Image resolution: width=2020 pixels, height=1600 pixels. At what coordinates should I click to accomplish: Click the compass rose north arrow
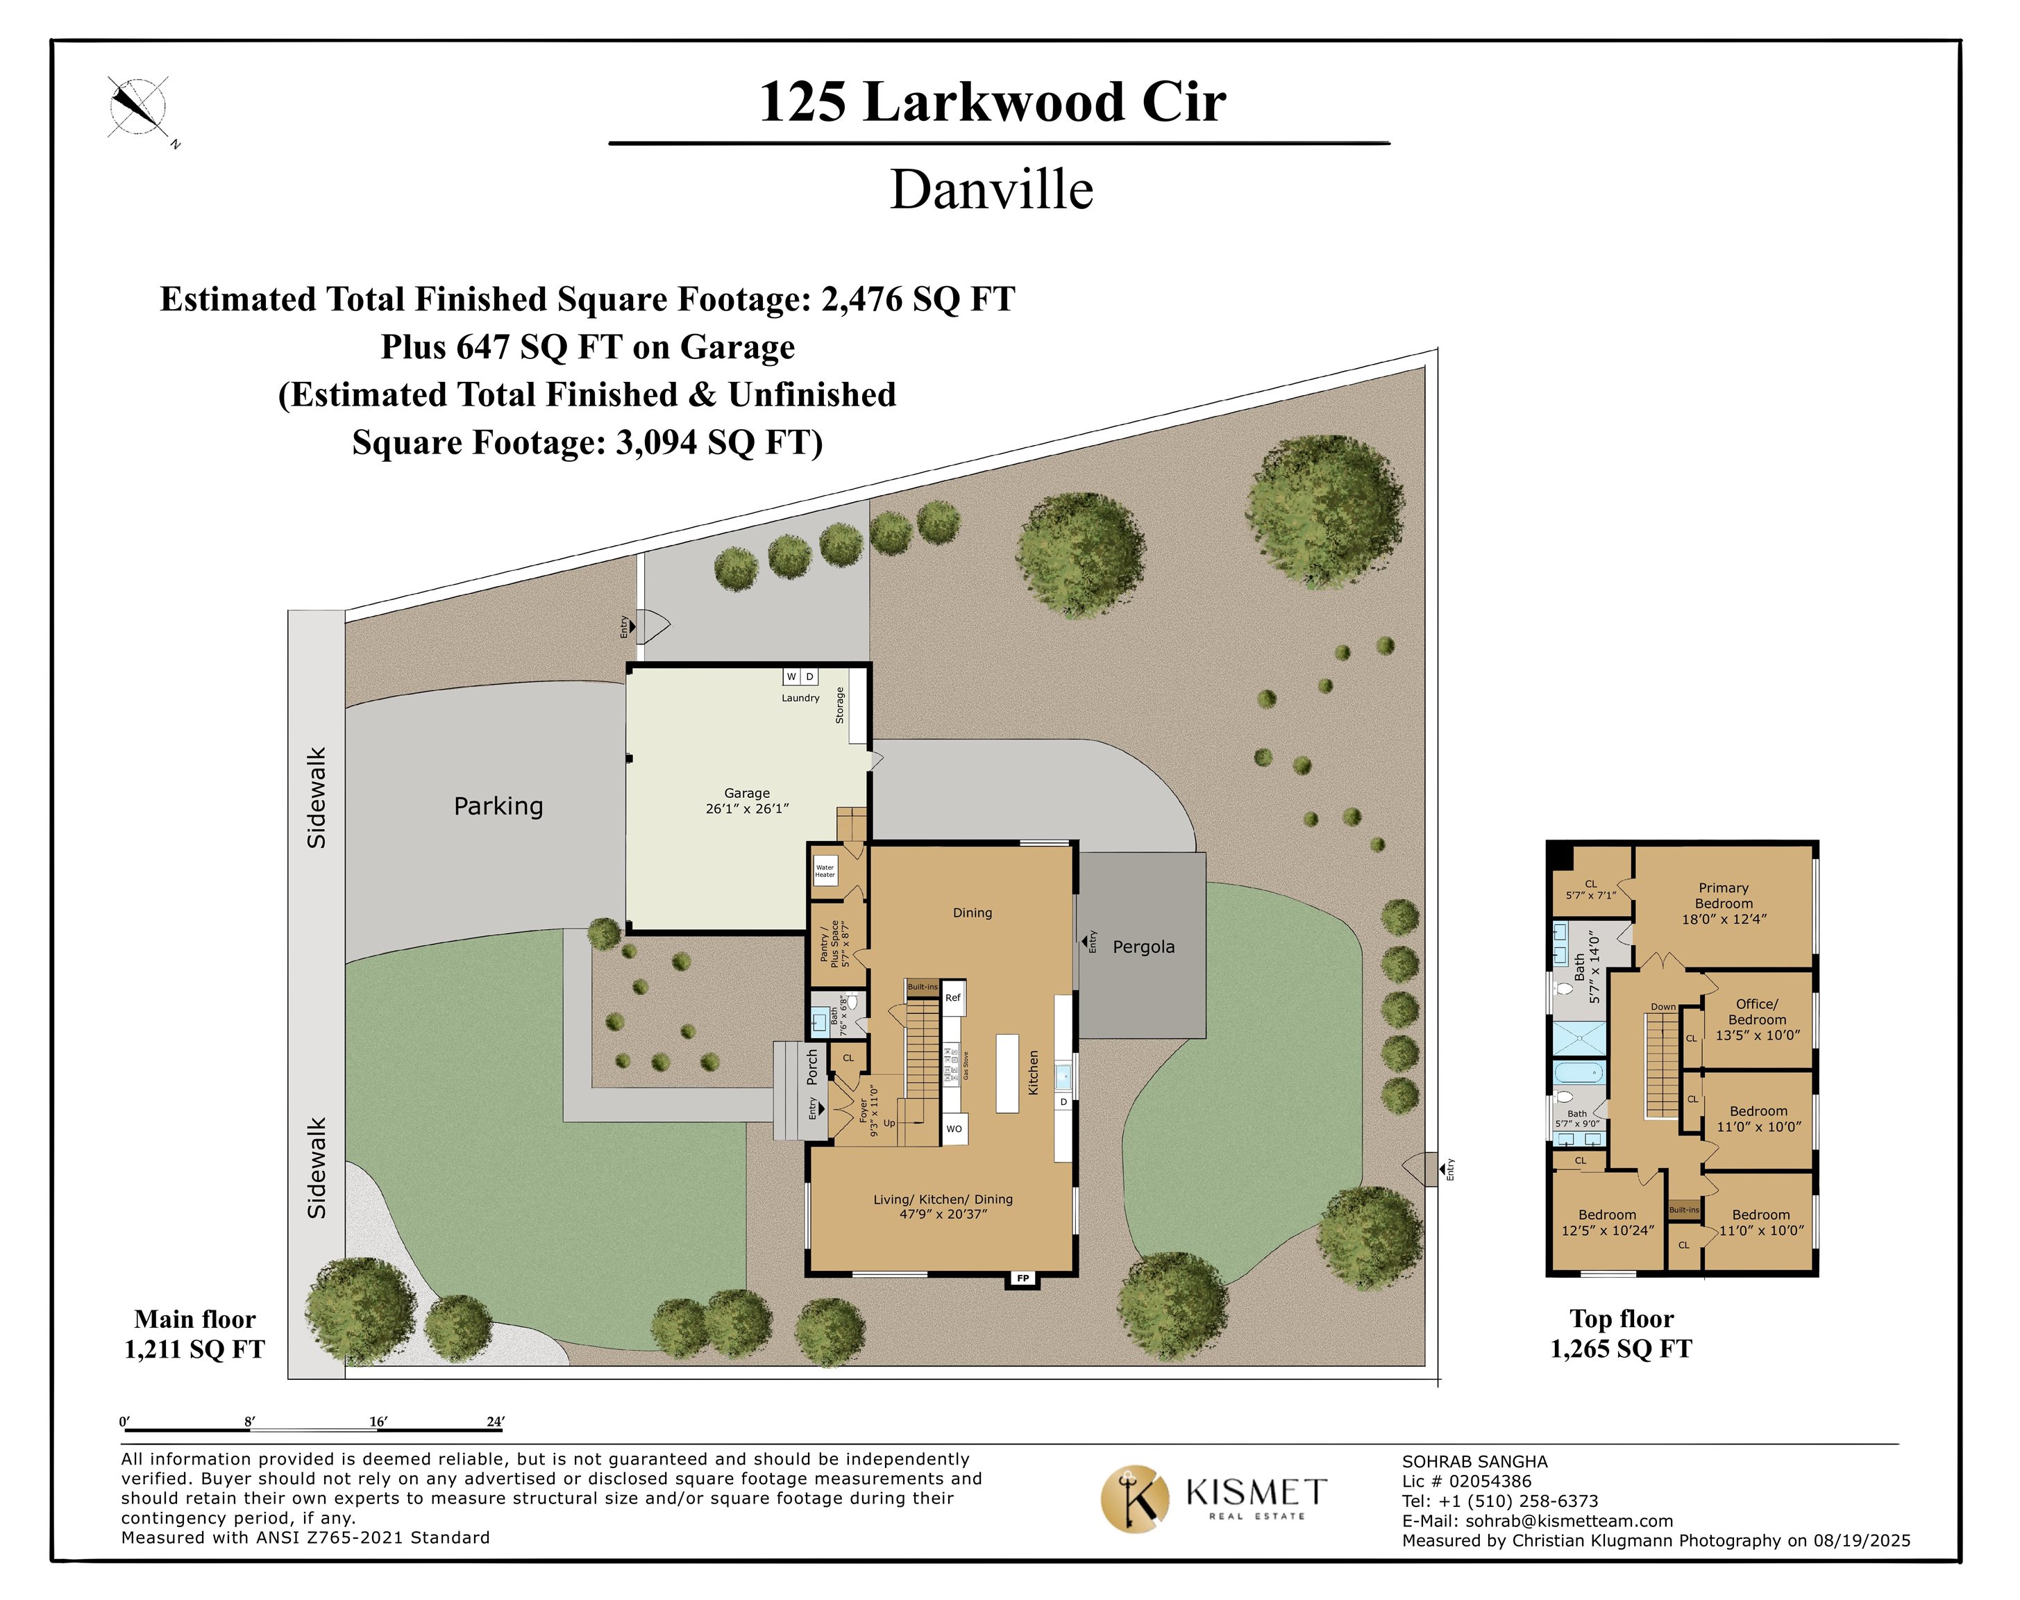click(137, 106)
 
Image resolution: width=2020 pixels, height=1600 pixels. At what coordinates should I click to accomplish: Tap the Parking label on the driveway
click(498, 806)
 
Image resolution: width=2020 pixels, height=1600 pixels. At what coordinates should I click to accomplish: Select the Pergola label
click(1143, 947)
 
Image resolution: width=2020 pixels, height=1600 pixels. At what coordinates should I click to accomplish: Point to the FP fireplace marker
click(1022, 1278)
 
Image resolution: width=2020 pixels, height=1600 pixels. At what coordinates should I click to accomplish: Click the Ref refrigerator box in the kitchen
click(952, 998)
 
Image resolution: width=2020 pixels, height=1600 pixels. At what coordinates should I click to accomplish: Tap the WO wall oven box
click(953, 1128)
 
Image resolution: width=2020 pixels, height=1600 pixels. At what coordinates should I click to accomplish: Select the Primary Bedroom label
click(1723, 903)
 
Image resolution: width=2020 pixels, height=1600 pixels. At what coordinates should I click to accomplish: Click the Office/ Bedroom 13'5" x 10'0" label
click(1757, 1019)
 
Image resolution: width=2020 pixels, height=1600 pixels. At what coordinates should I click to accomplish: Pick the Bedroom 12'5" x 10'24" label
click(1607, 1222)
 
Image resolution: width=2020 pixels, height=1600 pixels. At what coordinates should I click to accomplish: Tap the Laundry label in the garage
click(800, 698)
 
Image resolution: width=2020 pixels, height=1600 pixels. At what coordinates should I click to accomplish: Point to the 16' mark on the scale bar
click(378, 1422)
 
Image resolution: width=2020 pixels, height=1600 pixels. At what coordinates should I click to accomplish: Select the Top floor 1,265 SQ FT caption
click(1621, 1334)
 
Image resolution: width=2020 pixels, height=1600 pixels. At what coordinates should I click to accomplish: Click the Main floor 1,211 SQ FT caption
click(195, 1334)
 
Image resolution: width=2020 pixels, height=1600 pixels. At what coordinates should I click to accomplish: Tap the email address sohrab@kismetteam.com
click(1569, 1522)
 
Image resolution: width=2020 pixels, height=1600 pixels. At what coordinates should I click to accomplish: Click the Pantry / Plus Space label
click(834, 944)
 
